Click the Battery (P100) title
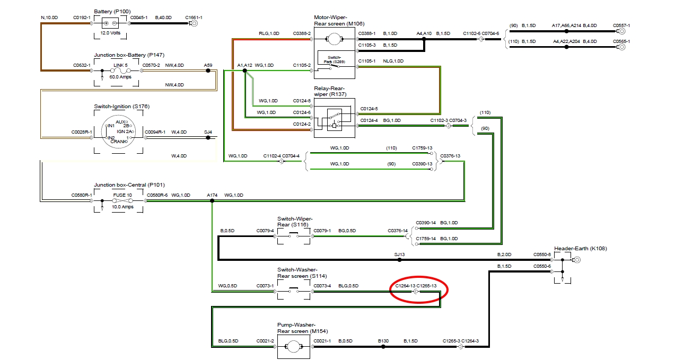tap(112, 11)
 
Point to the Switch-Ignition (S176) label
tap(121, 107)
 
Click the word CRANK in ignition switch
tap(118, 142)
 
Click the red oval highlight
tap(419, 290)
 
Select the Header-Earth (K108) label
tap(581, 248)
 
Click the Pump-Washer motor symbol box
tap(293, 346)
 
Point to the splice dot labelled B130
tap(383, 347)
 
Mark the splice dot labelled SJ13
tap(400, 260)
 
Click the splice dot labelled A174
tap(212, 201)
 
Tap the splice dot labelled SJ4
tap(208, 137)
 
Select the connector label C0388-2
tap(302, 33)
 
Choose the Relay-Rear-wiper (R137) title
tap(329, 91)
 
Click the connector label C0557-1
tap(621, 25)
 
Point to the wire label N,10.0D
tap(50, 17)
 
